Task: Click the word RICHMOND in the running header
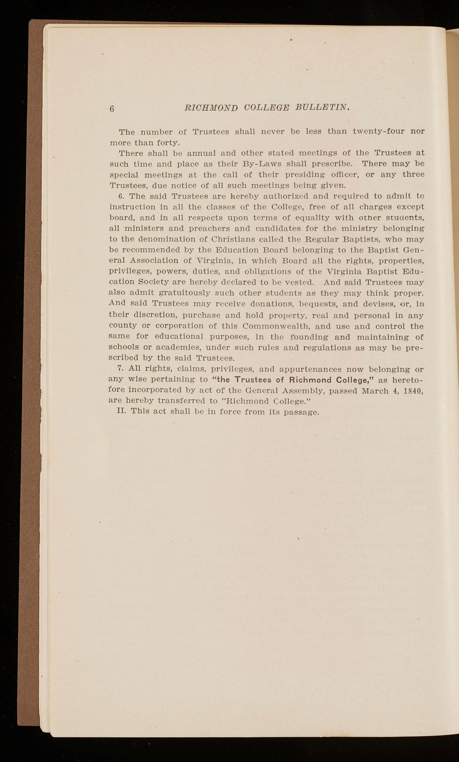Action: pos(211,108)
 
